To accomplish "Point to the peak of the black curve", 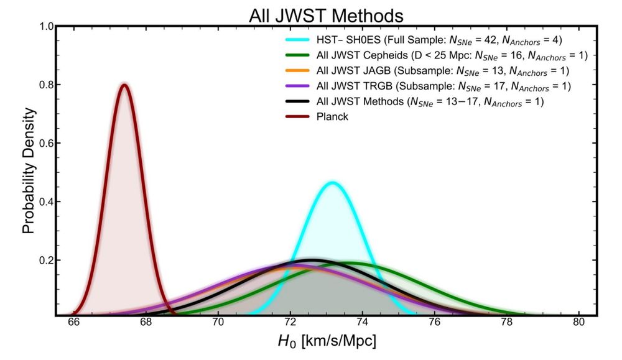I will [312, 259].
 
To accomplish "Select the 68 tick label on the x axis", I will [146, 323].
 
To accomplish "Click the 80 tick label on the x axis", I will [579, 323].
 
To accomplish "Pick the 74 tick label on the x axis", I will [363, 323].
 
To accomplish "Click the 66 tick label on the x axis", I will [73, 323].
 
